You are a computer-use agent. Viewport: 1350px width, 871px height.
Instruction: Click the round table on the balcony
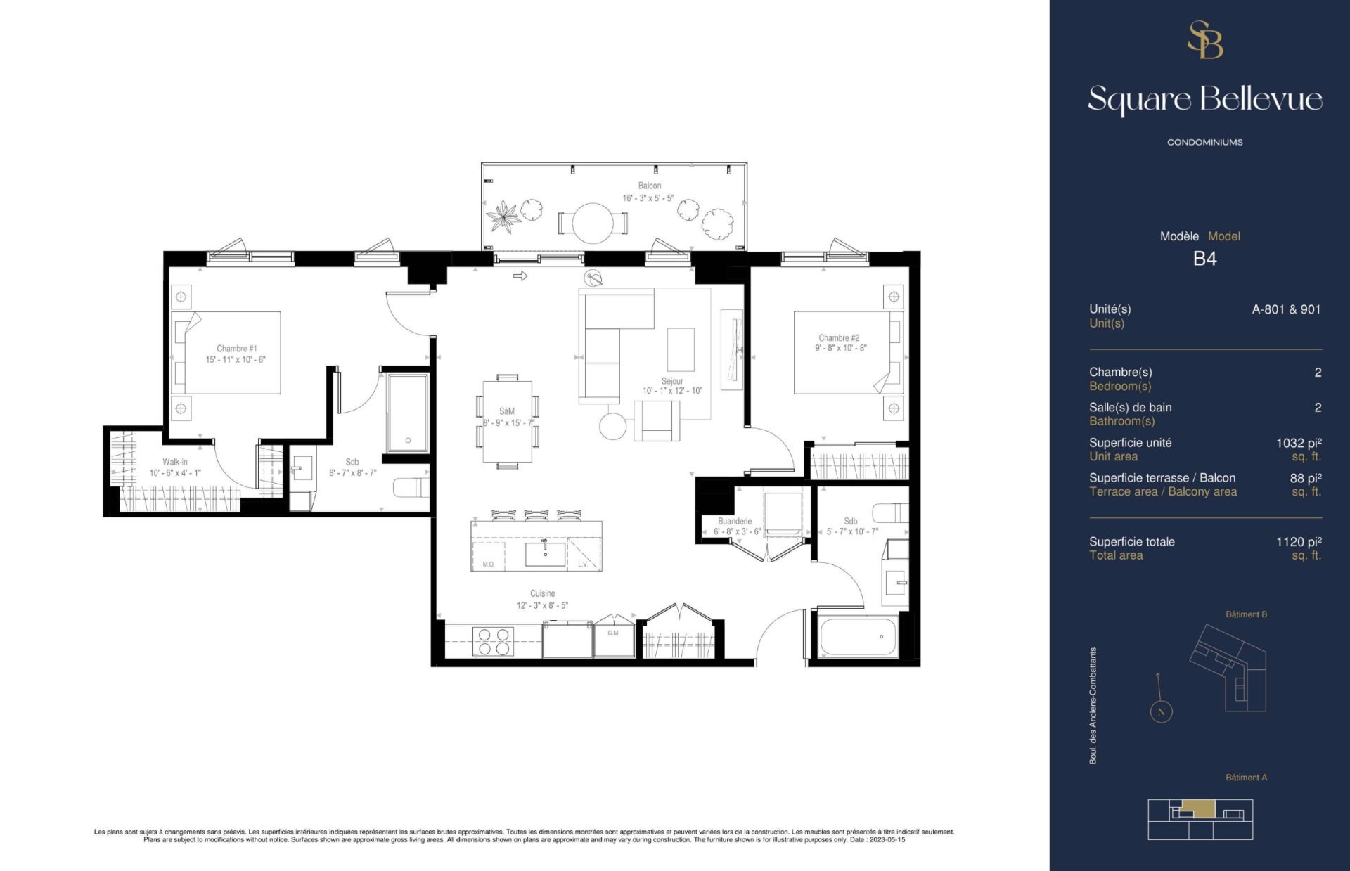click(x=593, y=223)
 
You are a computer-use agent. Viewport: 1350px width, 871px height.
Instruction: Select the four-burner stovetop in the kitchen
click(x=494, y=641)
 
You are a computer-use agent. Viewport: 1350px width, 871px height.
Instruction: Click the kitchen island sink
click(x=545, y=554)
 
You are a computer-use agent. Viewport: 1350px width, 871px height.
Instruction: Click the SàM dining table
click(x=507, y=421)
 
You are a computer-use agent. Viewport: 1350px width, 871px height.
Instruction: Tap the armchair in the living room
click(x=657, y=421)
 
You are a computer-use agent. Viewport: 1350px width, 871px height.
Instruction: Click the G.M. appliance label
click(x=614, y=633)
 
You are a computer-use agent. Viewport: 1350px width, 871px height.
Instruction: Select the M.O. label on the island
click(x=489, y=564)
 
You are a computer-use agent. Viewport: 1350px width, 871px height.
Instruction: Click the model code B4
click(x=1204, y=259)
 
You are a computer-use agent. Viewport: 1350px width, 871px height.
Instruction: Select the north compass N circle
click(x=1161, y=712)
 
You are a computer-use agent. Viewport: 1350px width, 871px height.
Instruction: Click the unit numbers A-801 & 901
click(x=1286, y=309)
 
